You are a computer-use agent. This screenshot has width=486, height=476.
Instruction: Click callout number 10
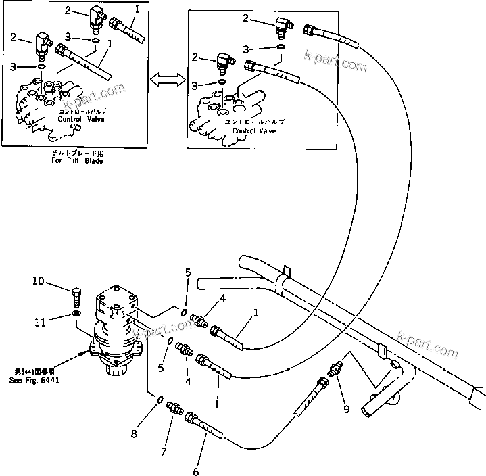coord(57,280)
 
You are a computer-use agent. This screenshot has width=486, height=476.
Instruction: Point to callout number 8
coord(134,434)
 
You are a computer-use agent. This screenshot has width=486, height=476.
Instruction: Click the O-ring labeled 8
coord(157,403)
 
